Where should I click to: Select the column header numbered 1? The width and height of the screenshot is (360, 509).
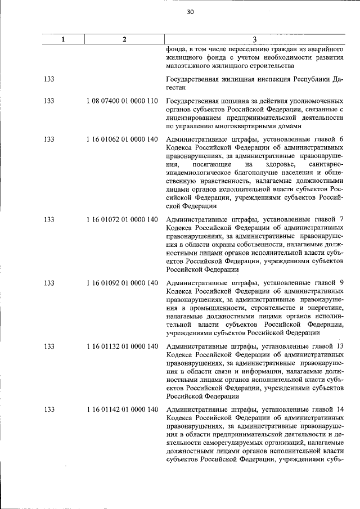tap(63, 39)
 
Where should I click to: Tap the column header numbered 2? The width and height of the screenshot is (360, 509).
tap(124, 39)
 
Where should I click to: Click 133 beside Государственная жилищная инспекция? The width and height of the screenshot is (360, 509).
tap(49, 79)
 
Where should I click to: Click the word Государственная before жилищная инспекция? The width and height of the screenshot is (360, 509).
tap(193, 79)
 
